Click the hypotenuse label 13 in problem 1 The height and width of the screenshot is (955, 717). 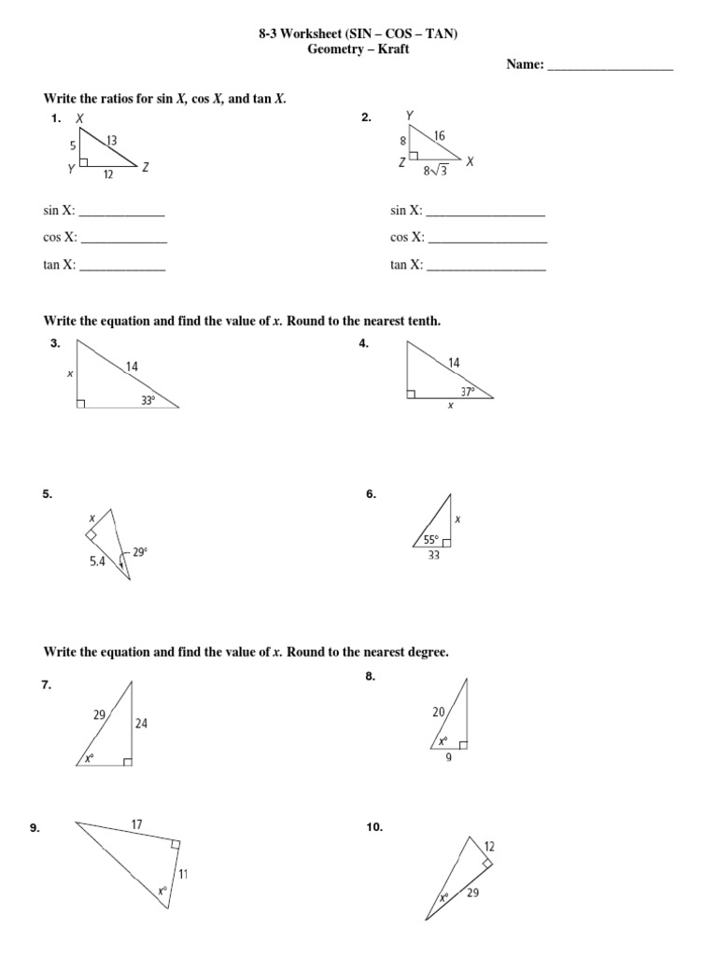click(x=112, y=141)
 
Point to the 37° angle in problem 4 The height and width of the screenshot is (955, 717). click(x=468, y=391)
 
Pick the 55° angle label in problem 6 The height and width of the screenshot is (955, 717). click(x=430, y=539)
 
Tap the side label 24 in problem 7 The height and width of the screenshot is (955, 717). click(x=142, y=722)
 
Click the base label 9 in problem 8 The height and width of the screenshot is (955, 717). click(x=448, y=757)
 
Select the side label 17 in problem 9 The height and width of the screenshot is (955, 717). click(x=136, y=824)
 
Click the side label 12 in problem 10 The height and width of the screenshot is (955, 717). click(x=489, y=845)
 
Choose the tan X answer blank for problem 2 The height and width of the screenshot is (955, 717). click(x=485, y=266)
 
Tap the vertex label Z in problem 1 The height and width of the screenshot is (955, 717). click(x=147, y=168)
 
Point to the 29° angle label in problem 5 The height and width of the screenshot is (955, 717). click(x=139, y=552)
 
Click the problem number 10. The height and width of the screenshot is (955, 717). click(x=374, y=827)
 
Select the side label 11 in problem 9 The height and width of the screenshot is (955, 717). click(x=183, y=874)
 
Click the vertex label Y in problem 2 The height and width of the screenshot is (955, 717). click(x=409, y=116)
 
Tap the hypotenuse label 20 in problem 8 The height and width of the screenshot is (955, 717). click(x=439, y=712)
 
